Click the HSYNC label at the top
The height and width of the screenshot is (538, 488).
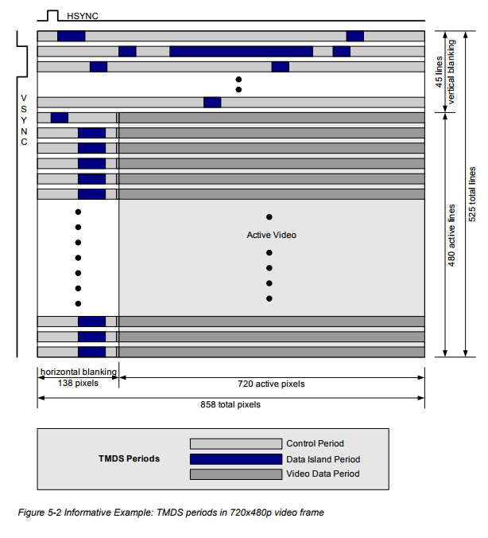pyautogui.click(x=82, y=15)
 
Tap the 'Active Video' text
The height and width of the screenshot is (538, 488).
pyautogui.click(x=271, y=235)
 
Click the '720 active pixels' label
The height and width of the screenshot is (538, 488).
pyautogui.click(x=271, y=384)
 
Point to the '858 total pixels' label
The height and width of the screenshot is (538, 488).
pyautogui.click(x=230, y=404)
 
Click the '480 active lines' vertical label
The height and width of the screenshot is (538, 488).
pyautogui.click(x=452, y=235)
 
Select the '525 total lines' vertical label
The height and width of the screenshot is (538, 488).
pyautogui.click(x=472, y=194)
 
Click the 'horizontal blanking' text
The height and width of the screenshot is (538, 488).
pyautogui.click(x=78, y=372)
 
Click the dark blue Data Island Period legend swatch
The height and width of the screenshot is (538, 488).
pyautogui.click(x=236, y=459)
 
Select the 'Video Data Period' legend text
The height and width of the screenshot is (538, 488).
pyautogui.click(x=322, y=474)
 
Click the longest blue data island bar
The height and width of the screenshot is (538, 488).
pyautogui.click(x=241, y=51)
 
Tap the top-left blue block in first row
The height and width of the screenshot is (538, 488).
pyautogui.click(x=71, y=36)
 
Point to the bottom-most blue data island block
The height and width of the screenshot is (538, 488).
pyautogui.click(x=91, y=352)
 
